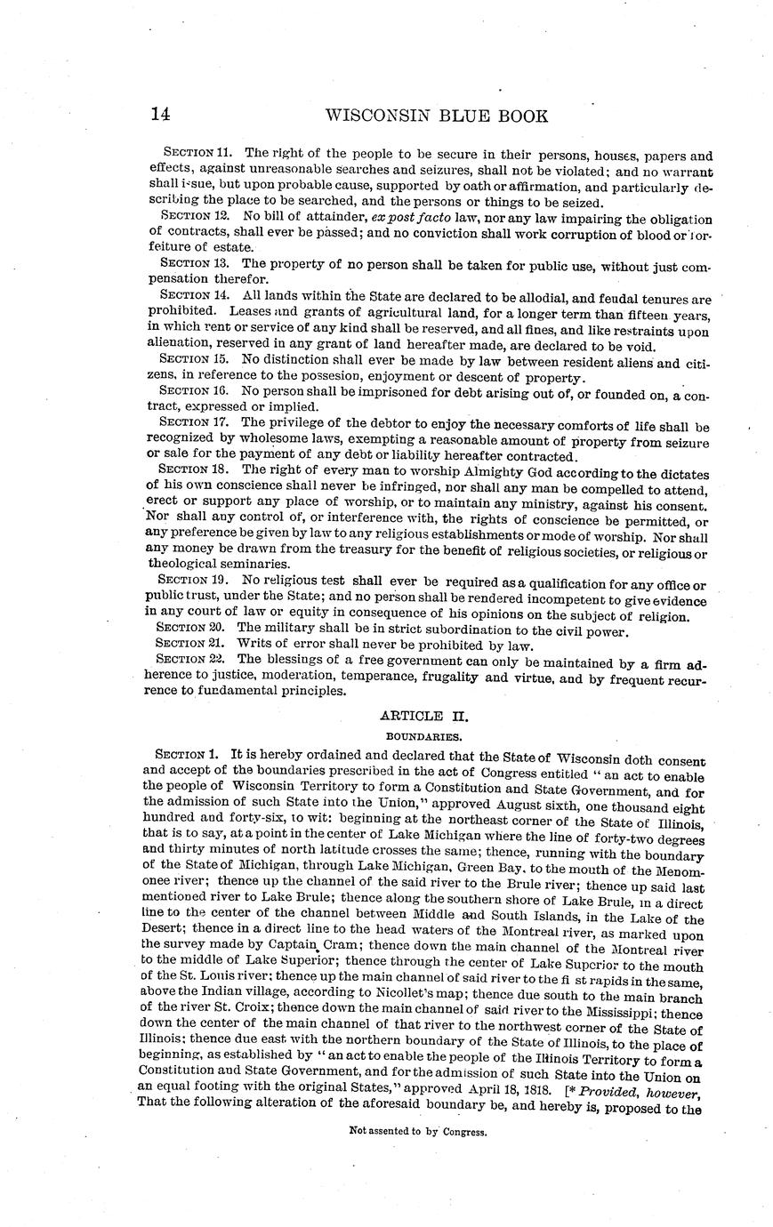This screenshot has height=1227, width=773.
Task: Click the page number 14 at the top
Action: click(x=160, y=115)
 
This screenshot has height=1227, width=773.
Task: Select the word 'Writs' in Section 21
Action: click(x=254, y=646)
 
